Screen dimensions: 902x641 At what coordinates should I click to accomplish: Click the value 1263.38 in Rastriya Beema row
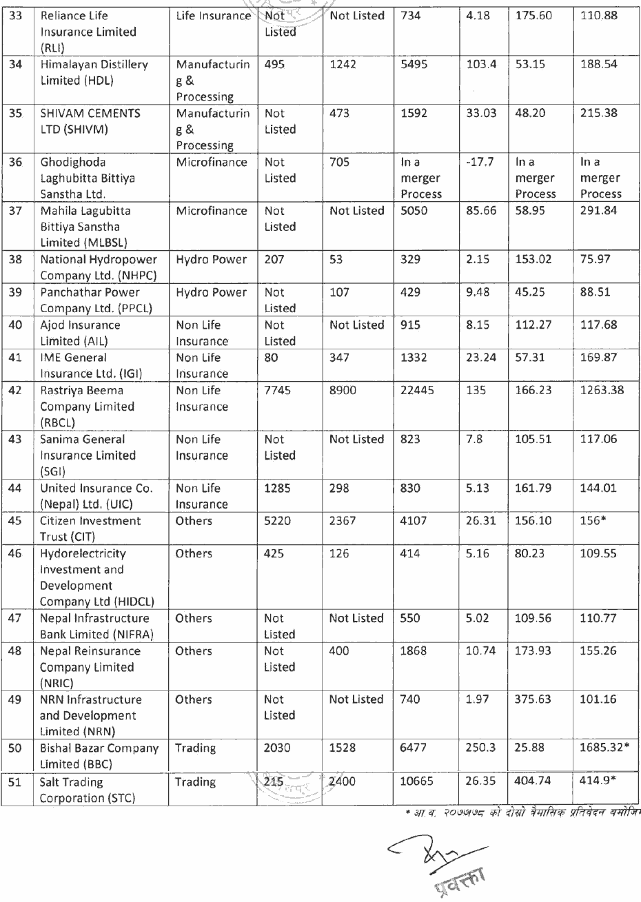tap(601, 391)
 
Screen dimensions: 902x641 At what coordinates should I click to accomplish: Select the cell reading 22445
tap(418, 391)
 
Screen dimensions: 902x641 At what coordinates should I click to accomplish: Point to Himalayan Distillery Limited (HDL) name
tap(94, 72)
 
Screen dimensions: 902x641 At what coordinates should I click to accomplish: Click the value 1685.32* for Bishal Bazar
tap(604, 748)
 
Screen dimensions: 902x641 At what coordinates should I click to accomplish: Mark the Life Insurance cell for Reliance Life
tap(213, 15)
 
